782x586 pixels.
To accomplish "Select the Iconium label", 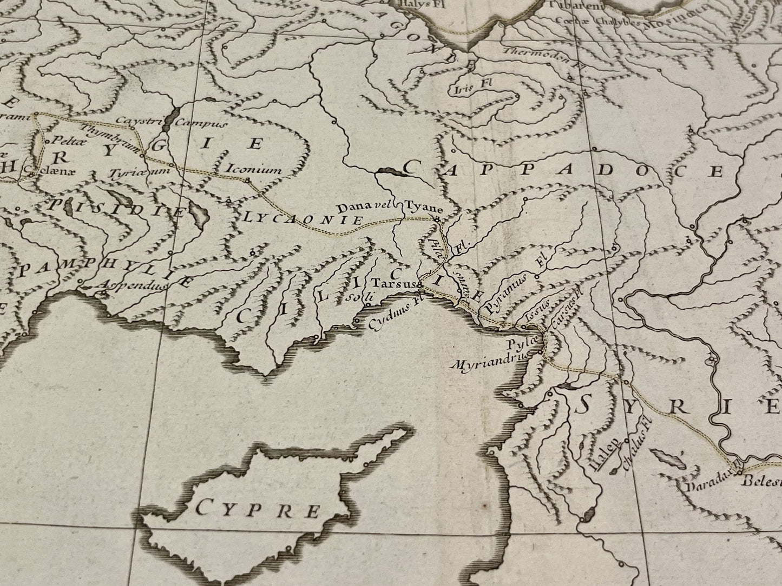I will pos(254,170).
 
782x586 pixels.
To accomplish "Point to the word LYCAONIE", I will pos(302,219).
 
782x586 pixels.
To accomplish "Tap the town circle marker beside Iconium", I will pos(247,180).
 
